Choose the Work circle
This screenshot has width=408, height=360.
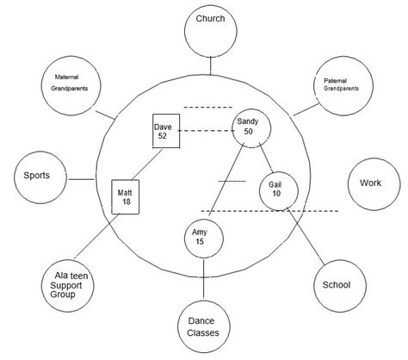point(370,184)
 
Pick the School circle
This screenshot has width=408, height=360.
point(336,285)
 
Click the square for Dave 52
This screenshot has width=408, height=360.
point(165,131)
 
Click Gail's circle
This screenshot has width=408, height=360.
point(275,189)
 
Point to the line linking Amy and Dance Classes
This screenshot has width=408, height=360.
point(203,276)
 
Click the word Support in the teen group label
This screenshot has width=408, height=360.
point(67,284)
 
